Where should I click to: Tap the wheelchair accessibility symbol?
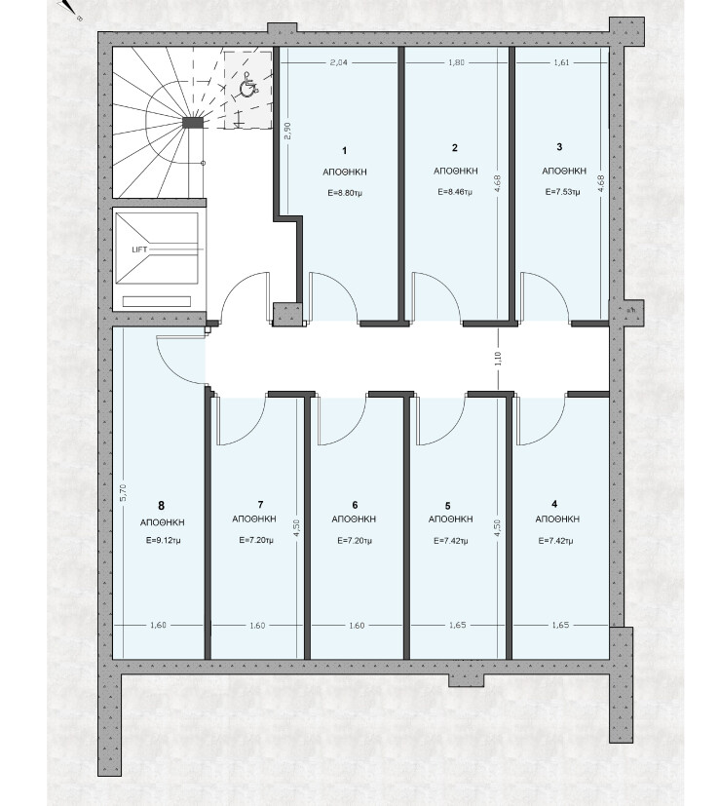(248, 88)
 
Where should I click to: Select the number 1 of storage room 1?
(344, 151)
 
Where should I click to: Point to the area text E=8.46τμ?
(454, 191)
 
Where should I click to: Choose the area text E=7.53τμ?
(560, 191)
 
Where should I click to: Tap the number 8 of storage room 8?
(161, 506)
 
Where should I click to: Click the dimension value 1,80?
(456, 63)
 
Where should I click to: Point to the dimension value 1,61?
(561, 63)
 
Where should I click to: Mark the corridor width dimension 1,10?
(498, 358)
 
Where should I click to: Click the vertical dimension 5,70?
(123, 493)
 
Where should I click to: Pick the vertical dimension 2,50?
(286, 131)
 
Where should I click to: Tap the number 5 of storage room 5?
(447, 506)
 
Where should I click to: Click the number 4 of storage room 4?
(554, 504)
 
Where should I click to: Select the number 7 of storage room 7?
(261, 505)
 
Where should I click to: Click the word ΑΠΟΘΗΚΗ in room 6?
(354, 519)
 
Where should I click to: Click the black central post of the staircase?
(194, 123)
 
